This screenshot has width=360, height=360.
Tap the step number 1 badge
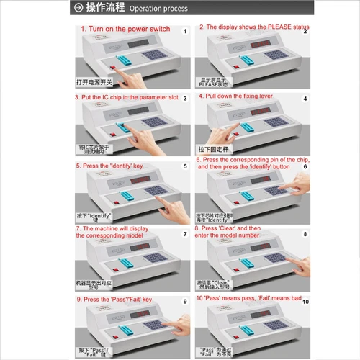[184, 32]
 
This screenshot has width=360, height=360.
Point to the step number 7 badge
[184, 233]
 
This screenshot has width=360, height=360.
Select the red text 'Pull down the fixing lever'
[243, 95]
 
